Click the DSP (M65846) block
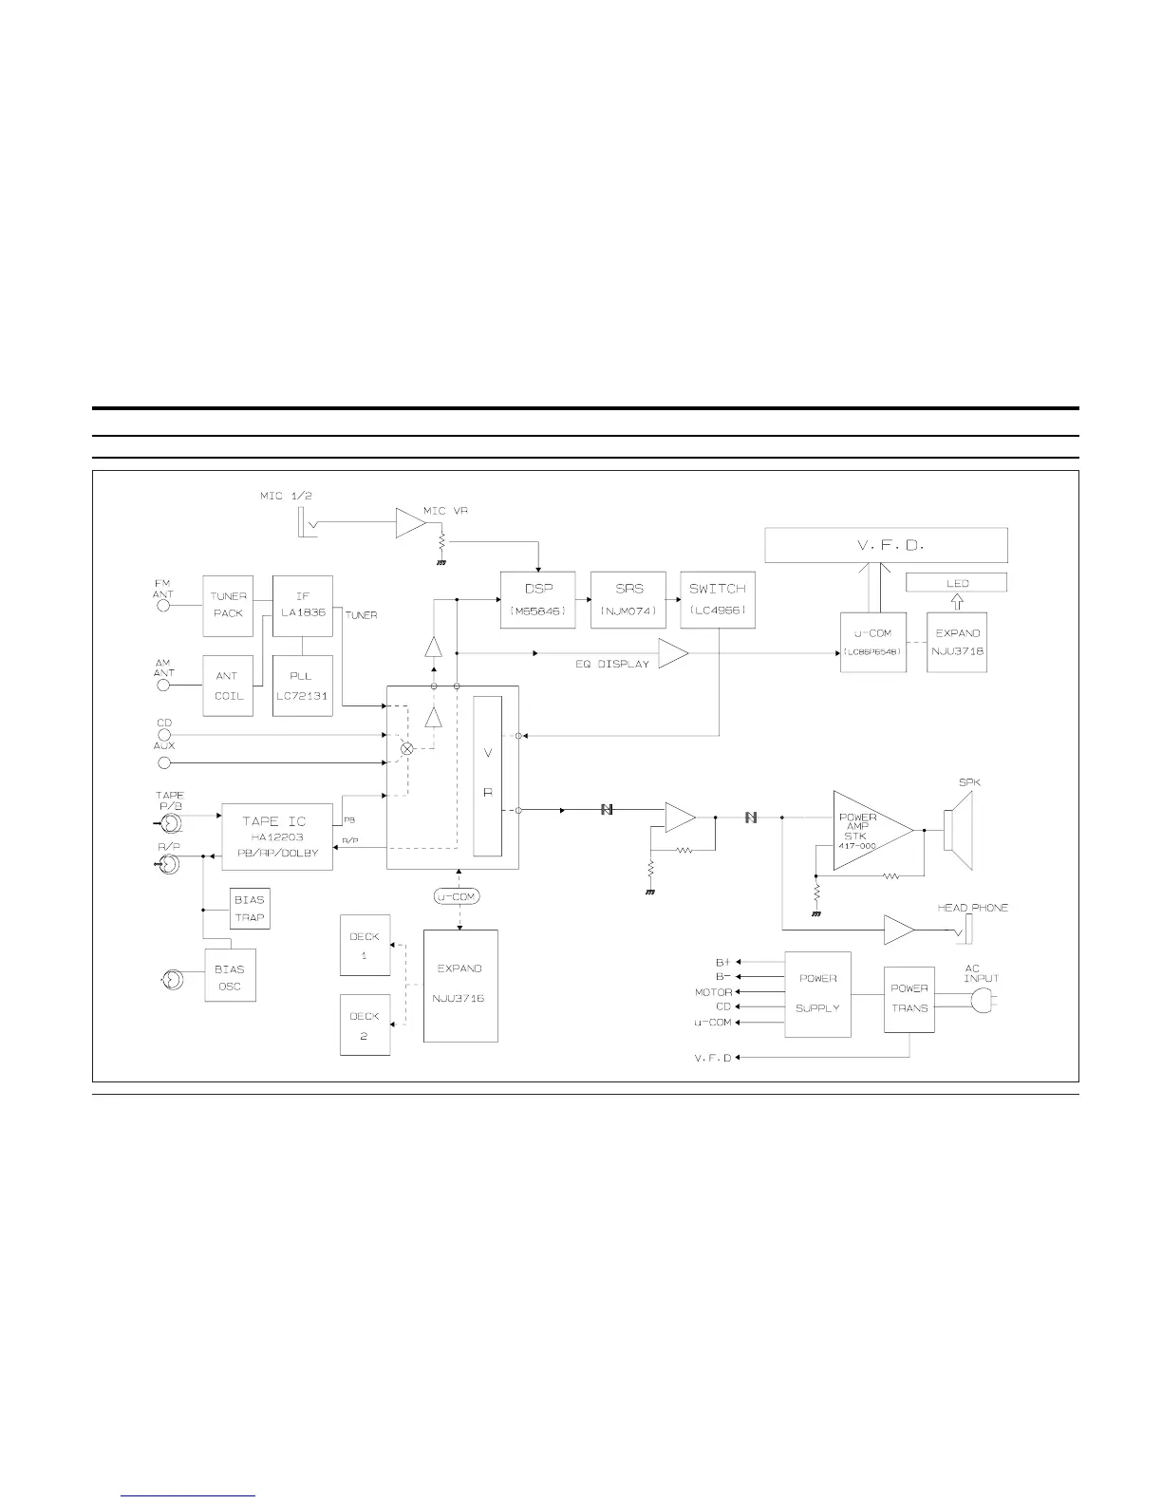pyautogui.click(x=538, y=599)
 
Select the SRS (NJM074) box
pyautogui.click(x=628, y=599)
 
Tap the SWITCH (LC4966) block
pyautogui.click(x=718, y=599)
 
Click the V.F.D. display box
pyautogui.click(x=886, y=545)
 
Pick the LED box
pyautogui.click(x=956, y=583)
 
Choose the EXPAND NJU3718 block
pyautogui.click(x=957, y=643)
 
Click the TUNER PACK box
pyautogui.click(x=228, y=605)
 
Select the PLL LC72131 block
pyautogui.click(x=302, y=686)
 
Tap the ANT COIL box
pyautogui.click(x=228, y=686)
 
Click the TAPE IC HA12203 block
pyautogui.click(x=277, y=837)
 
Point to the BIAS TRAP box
pyautogui.click(x=250, y=909)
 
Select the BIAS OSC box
pyautogui.click(x=230, y=977)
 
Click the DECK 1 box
pyautogui.click(x=365, y=946)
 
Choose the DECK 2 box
pyautogui.click(x=365, y=1025)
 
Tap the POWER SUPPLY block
pyautogui.click(x=817, y=993)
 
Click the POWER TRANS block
pyautogui.click(x=909, y=998)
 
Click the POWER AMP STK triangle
pyautogui.click(x=864, y=831)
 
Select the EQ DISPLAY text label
pyautogui.click(x=612, y=664)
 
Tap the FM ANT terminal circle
pyautogui.click(x=164, y=605)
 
